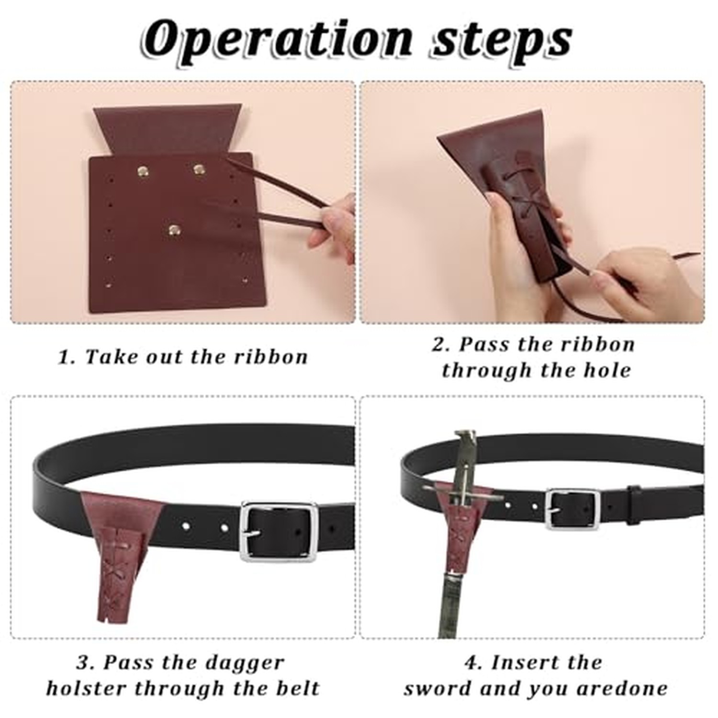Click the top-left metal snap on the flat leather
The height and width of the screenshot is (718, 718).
pyautogui.click(x=143, y=171)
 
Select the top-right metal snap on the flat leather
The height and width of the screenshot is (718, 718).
pyautogui.click(x=199, y=169)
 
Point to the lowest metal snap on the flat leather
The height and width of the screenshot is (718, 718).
pyautogui.click(x=174, y=230)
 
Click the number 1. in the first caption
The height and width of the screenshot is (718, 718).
pyautogui.click(x=67, y=357)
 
